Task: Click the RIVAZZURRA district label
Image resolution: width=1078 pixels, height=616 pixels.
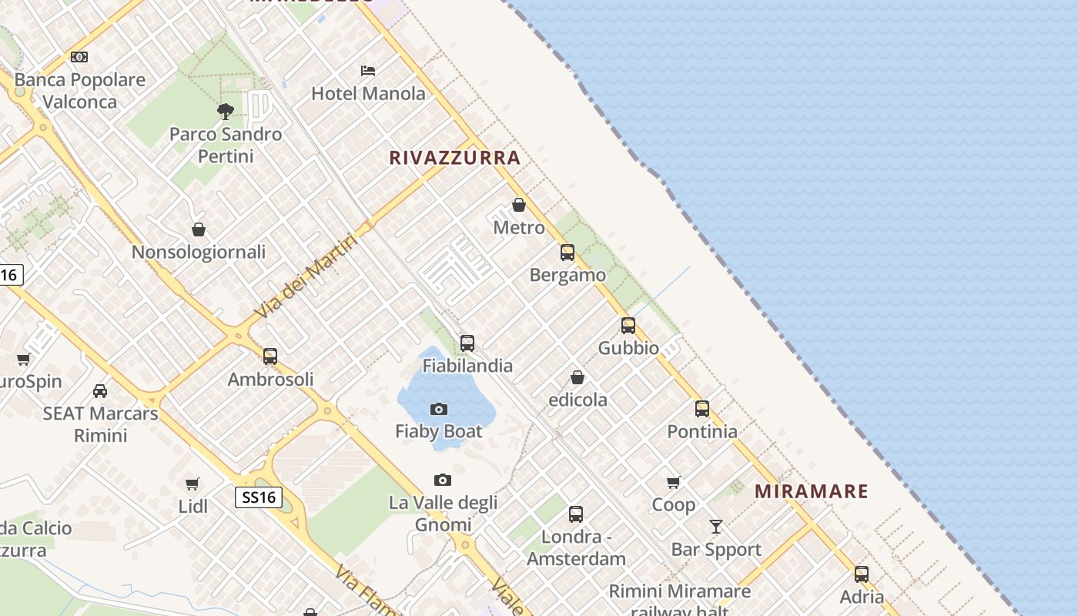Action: click(x=454, y=158)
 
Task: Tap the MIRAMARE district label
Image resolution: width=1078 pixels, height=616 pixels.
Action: click(x=811, y=491)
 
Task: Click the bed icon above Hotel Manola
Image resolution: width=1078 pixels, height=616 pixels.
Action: click(x=368, y=71)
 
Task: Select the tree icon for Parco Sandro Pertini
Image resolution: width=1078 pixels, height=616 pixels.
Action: click(x=226, y=112)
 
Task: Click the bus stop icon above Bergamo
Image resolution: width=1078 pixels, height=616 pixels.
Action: click(x=567, y=252)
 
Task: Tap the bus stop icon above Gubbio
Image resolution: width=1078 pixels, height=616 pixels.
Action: click(x=628, y=326)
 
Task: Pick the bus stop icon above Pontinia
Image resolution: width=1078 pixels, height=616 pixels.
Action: click(x=702, y=409)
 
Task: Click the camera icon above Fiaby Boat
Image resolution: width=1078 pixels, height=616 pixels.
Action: click(x=439, y=409)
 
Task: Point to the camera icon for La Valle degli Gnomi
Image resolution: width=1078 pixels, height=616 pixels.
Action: click(x=443, y=480)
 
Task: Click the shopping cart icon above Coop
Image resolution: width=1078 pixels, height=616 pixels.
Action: click(x=674, y=483)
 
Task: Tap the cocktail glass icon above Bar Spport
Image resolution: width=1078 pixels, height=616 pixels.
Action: click(x=716, y=527)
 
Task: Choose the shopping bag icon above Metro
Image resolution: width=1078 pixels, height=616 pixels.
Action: click(x=519, y=205)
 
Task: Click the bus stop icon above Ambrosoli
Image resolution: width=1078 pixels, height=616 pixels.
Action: click(x=270, y=357)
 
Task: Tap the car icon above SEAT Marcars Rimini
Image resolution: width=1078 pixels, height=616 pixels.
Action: click(x=100, y=390)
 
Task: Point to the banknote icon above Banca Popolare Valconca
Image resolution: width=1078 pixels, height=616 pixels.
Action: click(x=79, y=57)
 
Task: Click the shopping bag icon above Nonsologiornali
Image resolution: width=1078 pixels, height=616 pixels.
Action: click(x=199, y=229)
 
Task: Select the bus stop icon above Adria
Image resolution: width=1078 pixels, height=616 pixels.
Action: click(x=862, y=574)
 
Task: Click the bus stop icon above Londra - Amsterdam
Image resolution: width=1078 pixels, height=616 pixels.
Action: click(x=576, y=514)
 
